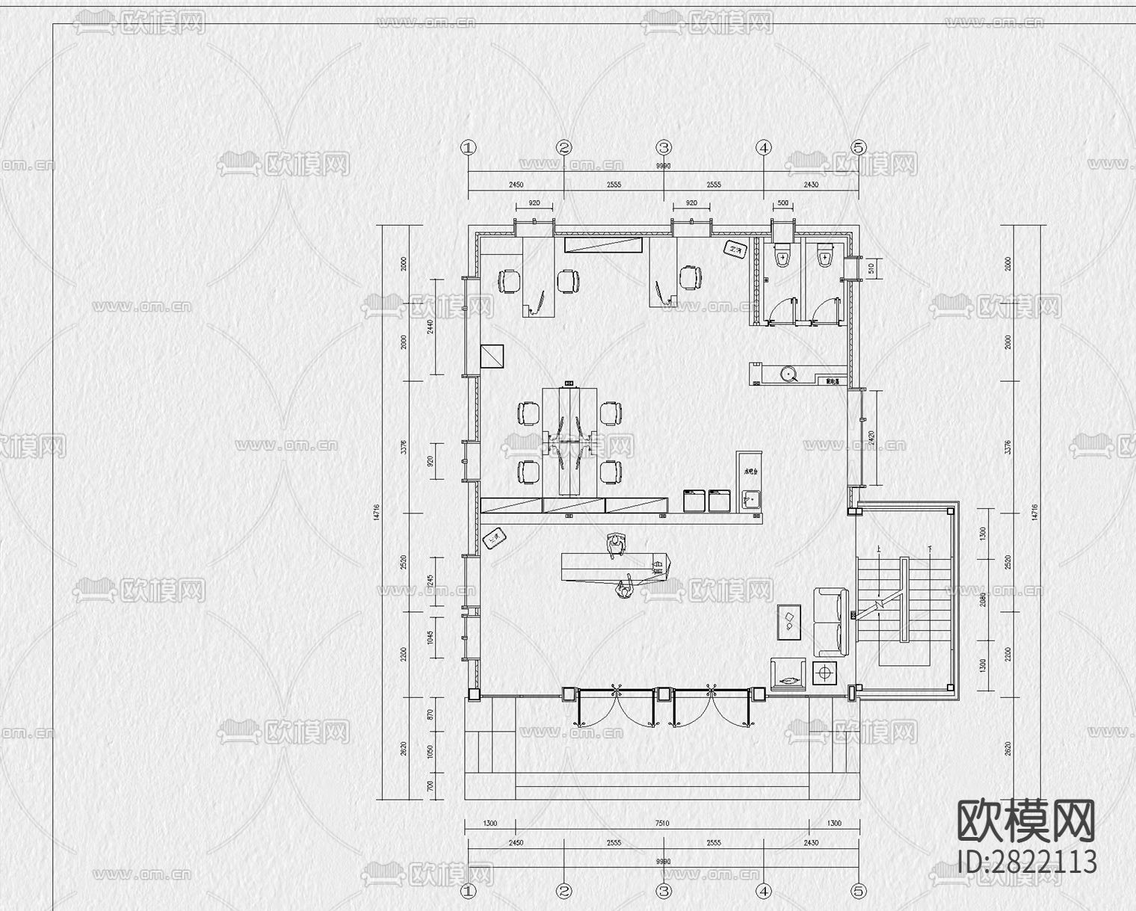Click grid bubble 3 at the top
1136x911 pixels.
click(664, 147)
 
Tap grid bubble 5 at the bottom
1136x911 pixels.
click(859, 891)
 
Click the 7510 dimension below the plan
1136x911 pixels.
click(662, 823)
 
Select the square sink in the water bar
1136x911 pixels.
click(750, 499)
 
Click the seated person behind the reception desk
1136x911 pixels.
click(616, 546)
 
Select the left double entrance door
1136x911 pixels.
click(615, 706)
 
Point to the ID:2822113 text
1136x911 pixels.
click(1028, 861)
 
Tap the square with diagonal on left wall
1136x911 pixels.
click(493, 356)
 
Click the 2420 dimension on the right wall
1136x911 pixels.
click(870, 437)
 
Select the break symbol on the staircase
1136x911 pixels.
click(880, 602)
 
